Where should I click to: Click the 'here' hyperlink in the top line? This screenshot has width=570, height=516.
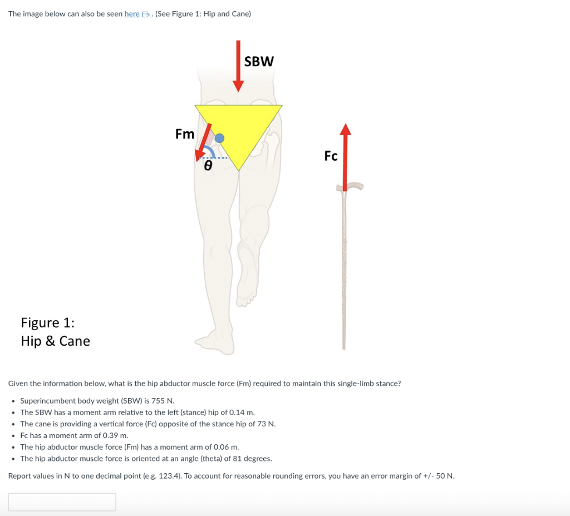(x=132, y=13)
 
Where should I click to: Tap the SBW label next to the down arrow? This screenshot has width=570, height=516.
(x=259, y=61)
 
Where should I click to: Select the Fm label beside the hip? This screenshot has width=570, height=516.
(x=185, y=134)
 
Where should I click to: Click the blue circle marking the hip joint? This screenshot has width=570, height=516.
(x=220, y=137)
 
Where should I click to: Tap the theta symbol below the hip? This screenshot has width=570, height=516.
(x=208, y=165)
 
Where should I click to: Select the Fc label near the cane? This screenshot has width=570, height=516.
(x=331, y=156)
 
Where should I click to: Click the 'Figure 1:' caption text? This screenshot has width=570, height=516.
(x=48, y=323)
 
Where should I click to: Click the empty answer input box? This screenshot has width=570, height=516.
(x=62, y=502)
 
